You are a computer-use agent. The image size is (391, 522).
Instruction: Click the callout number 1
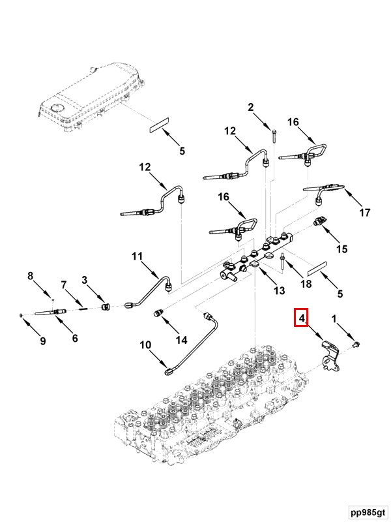coord(336,319)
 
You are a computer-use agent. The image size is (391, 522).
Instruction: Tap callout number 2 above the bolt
coord(251,108)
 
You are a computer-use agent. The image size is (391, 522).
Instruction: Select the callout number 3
coord(84,281)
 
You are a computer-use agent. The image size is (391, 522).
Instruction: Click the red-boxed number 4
coord(302,318)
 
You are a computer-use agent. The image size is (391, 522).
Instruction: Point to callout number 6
coord(75,338)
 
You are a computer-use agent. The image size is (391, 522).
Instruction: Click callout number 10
coord(145,344)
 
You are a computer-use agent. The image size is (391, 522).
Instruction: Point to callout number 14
coord(181,340)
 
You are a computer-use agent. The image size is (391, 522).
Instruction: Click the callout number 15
coord(342,249)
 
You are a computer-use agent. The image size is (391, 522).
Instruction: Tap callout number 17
coord(364,213)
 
